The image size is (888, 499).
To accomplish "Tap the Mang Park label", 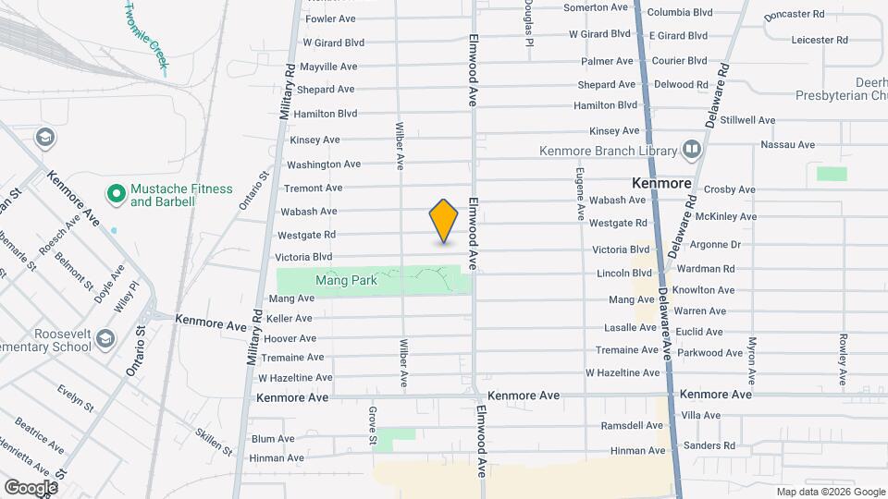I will tap(347, 280).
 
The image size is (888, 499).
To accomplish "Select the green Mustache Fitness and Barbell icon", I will tap(117, 194).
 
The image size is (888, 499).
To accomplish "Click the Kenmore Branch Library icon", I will tap(691, 150).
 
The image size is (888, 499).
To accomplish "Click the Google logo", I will tap(31, 487).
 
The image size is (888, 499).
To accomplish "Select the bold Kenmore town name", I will tap(662, 183).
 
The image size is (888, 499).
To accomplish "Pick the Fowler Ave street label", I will tap(330, 18).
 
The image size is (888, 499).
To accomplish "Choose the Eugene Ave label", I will tap(580, 193).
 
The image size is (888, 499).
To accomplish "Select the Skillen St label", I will tap(215, 442).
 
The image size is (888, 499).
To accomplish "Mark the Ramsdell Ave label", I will tap(633, 426).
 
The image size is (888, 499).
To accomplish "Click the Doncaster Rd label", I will tap(795, 15).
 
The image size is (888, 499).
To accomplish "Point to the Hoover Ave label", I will tap(290, 339).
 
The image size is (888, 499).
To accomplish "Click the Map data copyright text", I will tap(830, 492).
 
